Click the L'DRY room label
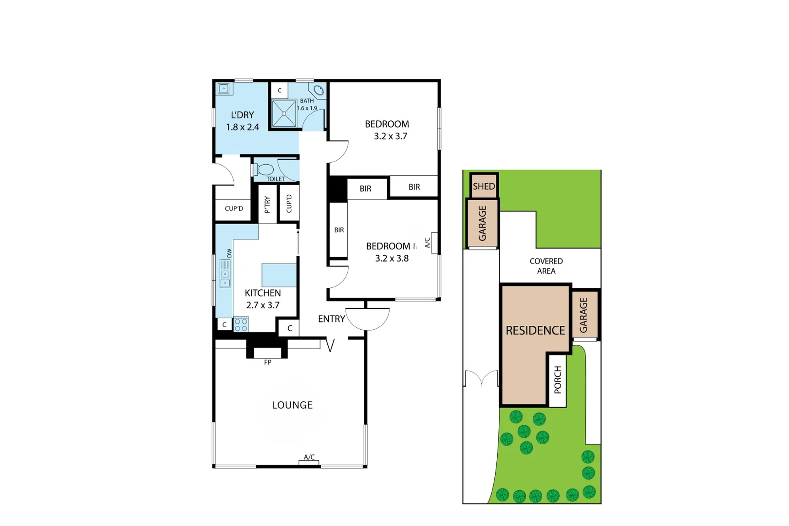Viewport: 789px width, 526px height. click(243, 115)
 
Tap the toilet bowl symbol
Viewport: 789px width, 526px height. click(264, 170)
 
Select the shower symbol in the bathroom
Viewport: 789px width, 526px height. click(284, 113)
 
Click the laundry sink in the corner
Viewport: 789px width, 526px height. click(224, 89)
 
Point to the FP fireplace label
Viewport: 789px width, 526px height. click(267, 362)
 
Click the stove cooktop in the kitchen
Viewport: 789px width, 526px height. click(241, 324)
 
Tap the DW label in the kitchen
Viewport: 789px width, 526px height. click(229, 253)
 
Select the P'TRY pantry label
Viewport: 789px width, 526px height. click(267, 205)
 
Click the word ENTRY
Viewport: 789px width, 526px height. click(331, 319)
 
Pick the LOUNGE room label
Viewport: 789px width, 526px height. click(292, 405)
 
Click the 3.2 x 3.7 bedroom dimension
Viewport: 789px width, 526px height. click(391, 136)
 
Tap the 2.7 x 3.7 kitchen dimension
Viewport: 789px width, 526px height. click(263, 305)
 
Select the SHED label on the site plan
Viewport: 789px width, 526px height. click(484, 187)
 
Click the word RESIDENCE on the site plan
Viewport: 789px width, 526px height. click(535, 330)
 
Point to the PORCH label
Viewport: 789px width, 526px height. click(558, 380)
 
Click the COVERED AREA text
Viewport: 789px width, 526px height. click(546, 266)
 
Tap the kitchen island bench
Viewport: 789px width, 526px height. click(279, 275)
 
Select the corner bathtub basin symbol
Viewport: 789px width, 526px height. click(319, 90)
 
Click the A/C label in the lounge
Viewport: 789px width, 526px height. click(309, 457)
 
